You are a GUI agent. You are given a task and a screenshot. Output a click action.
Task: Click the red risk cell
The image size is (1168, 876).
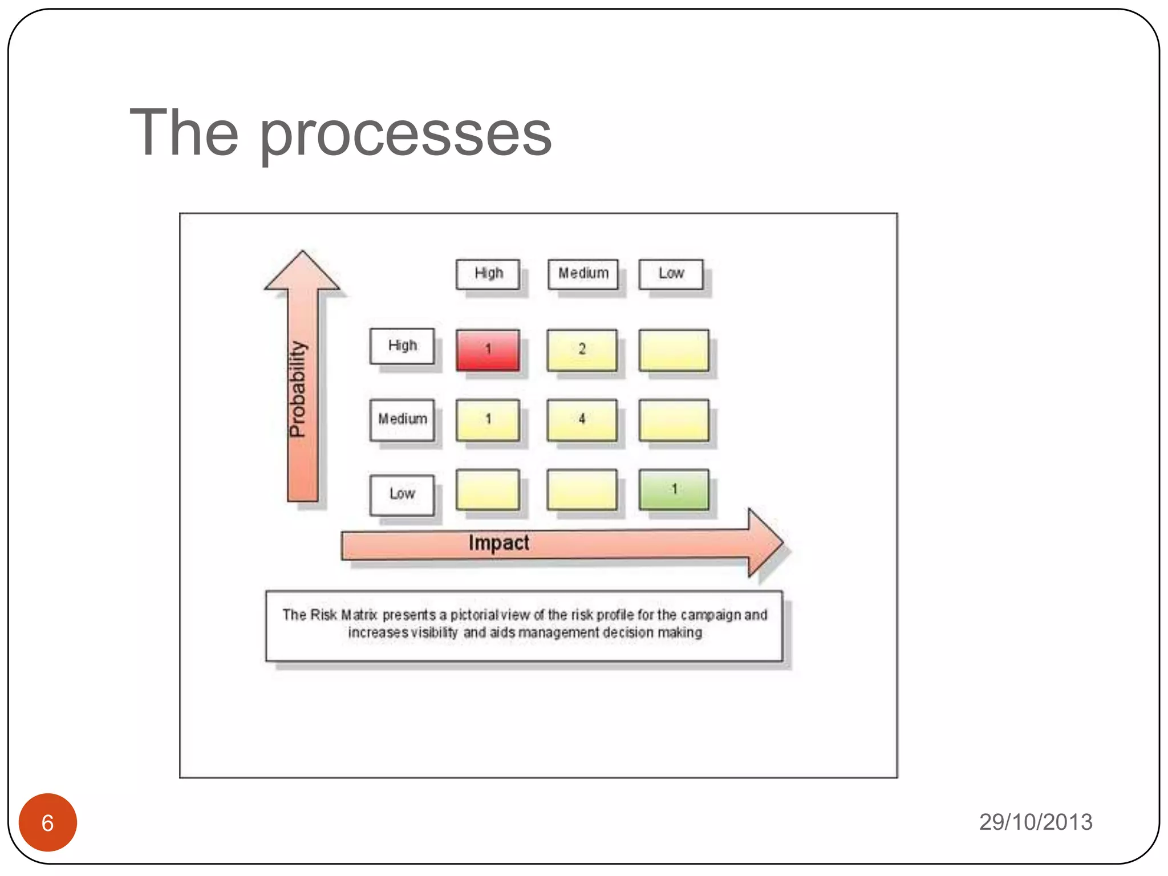tap(488, 350)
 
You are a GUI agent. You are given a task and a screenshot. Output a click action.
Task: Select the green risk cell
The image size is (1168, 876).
tap(674, 489)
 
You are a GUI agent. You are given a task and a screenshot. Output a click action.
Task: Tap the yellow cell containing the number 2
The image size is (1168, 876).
tap(582, 350)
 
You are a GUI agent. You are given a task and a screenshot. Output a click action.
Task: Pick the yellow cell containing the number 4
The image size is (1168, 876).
tap(582, 420)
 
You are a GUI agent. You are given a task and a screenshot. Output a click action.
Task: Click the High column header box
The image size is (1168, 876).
tap(488, 274)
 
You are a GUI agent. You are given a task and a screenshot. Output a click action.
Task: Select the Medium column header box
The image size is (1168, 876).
tap(583, 274)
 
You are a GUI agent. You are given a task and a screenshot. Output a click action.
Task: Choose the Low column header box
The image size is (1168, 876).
tap(671, 274)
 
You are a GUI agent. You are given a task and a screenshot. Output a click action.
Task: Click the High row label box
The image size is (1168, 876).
tap(402, 346)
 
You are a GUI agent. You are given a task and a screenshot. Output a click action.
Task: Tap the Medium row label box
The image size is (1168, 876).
tap(402, 420)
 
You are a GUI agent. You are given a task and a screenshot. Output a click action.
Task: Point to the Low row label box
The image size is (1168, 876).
tap(402, 494)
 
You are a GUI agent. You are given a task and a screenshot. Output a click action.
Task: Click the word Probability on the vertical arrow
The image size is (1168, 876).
tap(298, 389)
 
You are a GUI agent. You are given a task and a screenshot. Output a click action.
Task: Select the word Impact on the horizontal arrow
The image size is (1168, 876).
tap(498, 543)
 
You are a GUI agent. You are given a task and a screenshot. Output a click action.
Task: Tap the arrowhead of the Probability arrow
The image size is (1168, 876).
tap(302, 271)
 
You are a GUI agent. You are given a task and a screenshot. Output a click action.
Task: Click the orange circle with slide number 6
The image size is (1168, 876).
tap(48, 822)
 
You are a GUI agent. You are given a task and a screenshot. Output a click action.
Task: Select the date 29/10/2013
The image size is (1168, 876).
tap(1036, 822)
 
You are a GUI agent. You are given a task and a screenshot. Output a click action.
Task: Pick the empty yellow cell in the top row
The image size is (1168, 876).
tap(674, 350)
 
